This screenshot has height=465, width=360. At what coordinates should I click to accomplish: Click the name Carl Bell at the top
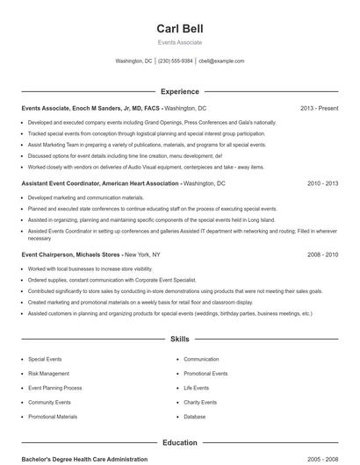pyautogui.click(x=179, y=28)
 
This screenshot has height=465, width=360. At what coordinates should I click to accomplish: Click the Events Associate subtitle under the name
pyautogui.click(x=179, y=42)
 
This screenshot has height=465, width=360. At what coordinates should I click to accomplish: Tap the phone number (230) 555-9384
pyautogui.click(x=176, y=61)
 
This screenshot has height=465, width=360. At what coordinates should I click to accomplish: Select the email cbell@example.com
pyautogui.click(x=221, y=61)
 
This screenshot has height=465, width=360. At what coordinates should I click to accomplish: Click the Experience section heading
pyautogui.click(x=179, y=91)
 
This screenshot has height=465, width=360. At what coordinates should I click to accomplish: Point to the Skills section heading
pyautogui.click(x=179, y=338)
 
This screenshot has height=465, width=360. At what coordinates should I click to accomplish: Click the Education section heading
pyautogui.click(x=179, y=443)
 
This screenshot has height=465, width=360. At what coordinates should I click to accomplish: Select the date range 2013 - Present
pyautogui.click(x=319, y=108)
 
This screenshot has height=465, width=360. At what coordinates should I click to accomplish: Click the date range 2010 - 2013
pyautogui.click(x=322, y=183)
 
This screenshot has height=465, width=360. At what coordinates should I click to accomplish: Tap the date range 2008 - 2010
pyautogui.click(x=322, y=254)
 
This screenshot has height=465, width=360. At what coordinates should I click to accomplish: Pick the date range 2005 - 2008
pyautogui.click(x=322, y=459)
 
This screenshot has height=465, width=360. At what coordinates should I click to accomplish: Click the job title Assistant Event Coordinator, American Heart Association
pyautogui.click(x=101, y=183)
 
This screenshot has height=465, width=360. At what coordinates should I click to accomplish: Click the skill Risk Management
pyautogui.click(x=48, y=373)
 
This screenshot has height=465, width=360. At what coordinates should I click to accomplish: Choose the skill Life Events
pyautogui.click(x=196, y=388)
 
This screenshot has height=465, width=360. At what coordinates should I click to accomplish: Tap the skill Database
pyautogui.click(x=194, y=417)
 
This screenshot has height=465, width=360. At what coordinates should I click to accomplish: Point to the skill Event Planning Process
pyautogui.click(x=54, y=388)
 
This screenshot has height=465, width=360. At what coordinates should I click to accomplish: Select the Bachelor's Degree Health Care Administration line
pyautogui.click(x=84, y=459)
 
